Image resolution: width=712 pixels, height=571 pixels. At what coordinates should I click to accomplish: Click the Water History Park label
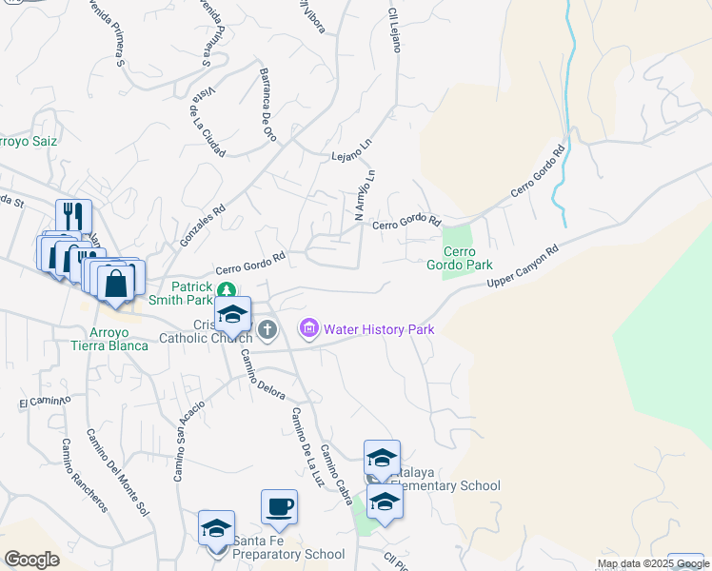click(x=379, y=330)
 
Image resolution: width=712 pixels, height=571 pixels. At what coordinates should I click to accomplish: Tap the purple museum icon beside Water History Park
click(x=308, y=329)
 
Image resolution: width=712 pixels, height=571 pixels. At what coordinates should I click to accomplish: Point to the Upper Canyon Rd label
click(x=521, y=268)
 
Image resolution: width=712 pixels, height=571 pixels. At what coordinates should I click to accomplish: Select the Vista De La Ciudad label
click(x=208, y=120)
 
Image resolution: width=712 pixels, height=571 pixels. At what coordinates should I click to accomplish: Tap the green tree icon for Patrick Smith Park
click(x=225, y=290)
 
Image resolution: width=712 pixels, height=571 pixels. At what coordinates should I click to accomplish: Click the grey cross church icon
click(x=268, y=330)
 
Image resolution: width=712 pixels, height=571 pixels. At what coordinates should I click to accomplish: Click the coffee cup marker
click(x=279, y=506)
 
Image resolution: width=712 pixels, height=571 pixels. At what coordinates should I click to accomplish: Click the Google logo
click(x=31, y=559)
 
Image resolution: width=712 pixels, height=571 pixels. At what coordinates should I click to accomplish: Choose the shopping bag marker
click(x=115, y=283)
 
